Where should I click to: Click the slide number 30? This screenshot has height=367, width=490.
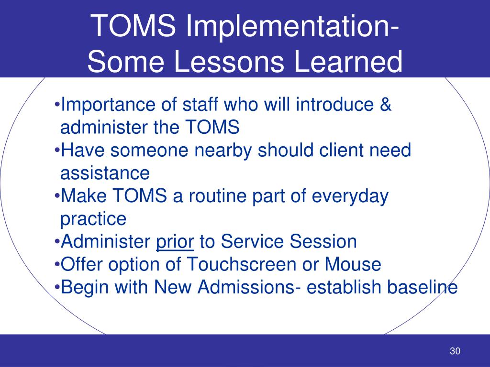click(455, 352)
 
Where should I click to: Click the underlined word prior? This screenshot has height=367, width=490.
click(175, 242)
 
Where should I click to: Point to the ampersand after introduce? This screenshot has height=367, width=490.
click(386, 105)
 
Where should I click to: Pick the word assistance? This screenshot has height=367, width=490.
click(105, 173)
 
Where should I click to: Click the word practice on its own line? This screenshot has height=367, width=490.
click(93, 219)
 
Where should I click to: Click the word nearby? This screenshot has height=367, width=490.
click(225, 151)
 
